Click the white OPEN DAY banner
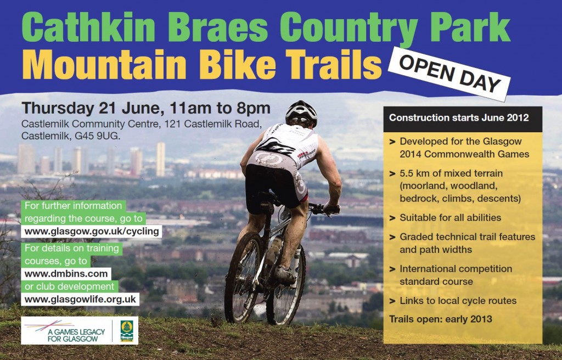coord(449,74)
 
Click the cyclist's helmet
coord(301,113)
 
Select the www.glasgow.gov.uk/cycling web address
coord(92,231)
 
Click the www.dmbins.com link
coord(66,274)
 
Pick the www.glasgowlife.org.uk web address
coord(80,299)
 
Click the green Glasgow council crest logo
coord(127,330)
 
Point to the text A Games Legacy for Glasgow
coord(76,335)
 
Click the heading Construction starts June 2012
coord(459,117)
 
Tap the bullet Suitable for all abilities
coord(450,218)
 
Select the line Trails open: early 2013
coord(441,319)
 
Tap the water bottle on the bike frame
coord(274,250)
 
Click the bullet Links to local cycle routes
coord(458,301)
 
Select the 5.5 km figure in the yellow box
coord(415,173)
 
